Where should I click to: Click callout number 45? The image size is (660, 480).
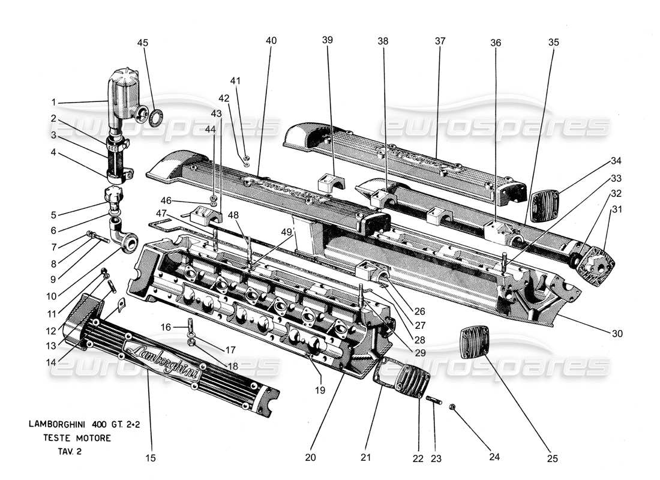click(x=143, y=43)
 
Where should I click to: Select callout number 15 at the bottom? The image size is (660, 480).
click(x=151, y=458)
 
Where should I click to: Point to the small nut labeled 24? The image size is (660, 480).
click(x=454, y=408)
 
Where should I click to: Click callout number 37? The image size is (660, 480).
click(x=440, y=41)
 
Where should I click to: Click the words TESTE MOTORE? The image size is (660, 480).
click(x=77, y=439)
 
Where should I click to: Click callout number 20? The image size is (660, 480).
click(x=310, y=457)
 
